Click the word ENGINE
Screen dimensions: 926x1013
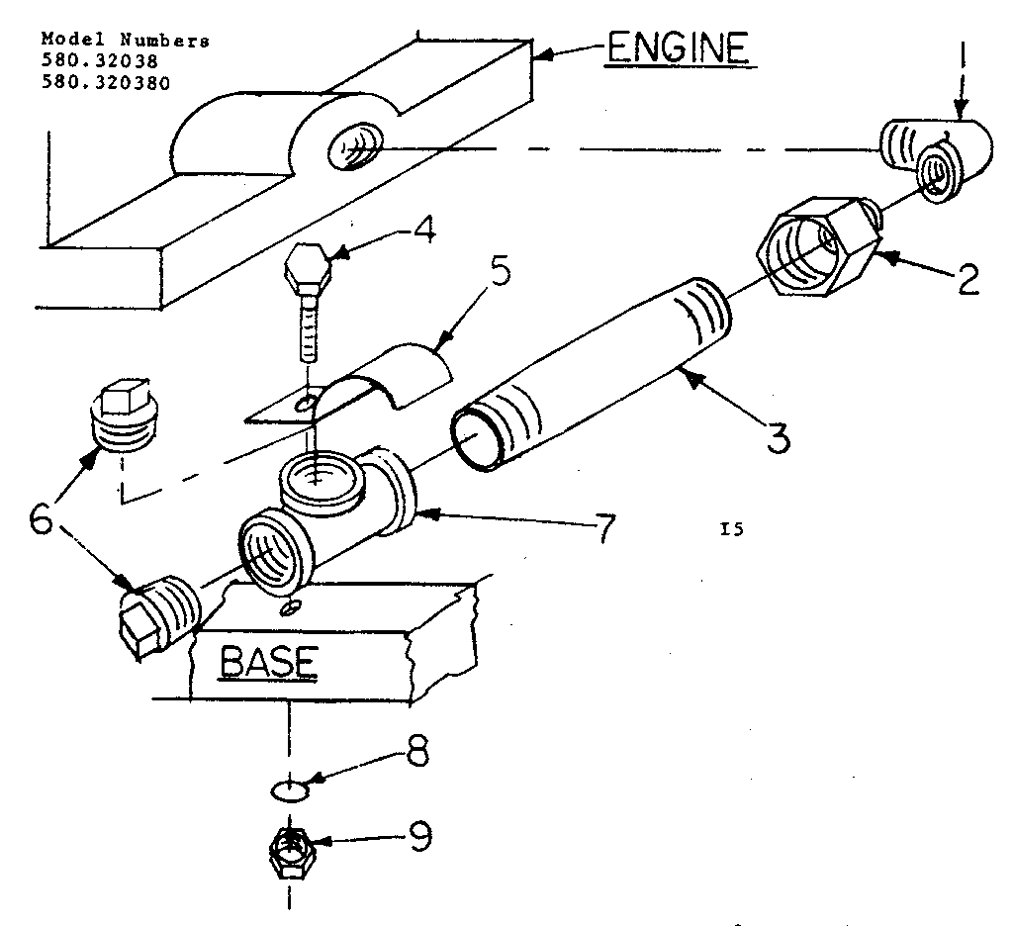[x=676, y=48]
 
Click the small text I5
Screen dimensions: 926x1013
[x=732, y=530]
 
